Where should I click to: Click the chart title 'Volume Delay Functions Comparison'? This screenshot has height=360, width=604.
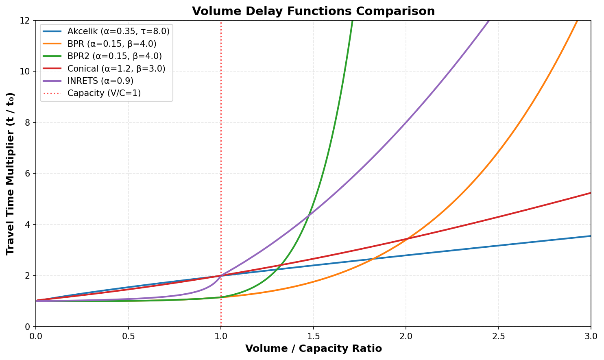click(x=313, y=11)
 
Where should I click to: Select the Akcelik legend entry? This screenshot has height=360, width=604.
click(x=118, y=31)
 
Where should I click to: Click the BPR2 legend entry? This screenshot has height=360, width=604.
click(x=114, y=56)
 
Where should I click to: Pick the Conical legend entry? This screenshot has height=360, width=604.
click(x=116, y=69)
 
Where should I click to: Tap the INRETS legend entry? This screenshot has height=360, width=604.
click(x=100, y=81)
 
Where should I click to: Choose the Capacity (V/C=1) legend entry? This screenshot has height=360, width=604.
click(x=104, y=93)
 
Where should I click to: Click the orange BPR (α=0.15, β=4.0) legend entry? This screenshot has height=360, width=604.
click(x=112, y=44)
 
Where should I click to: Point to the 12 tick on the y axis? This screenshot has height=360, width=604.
click(x=27, y=20)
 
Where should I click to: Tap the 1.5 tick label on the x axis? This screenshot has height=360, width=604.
click(x=313, y=336)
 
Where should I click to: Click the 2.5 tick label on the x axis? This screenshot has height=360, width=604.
click(x=498, y=336)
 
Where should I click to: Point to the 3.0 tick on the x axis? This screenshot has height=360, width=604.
click(x=591, y=336)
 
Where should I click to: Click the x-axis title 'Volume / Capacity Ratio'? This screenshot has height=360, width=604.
click(x=313, y=349)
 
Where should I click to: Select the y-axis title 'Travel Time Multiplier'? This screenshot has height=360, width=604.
click(x=11, y=173)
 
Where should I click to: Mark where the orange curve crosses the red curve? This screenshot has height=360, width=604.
click(x=407, y=239)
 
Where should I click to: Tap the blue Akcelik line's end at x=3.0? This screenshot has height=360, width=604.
click(x=591, y=236)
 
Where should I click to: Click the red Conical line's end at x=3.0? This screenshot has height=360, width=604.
click(x=591, y=193)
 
